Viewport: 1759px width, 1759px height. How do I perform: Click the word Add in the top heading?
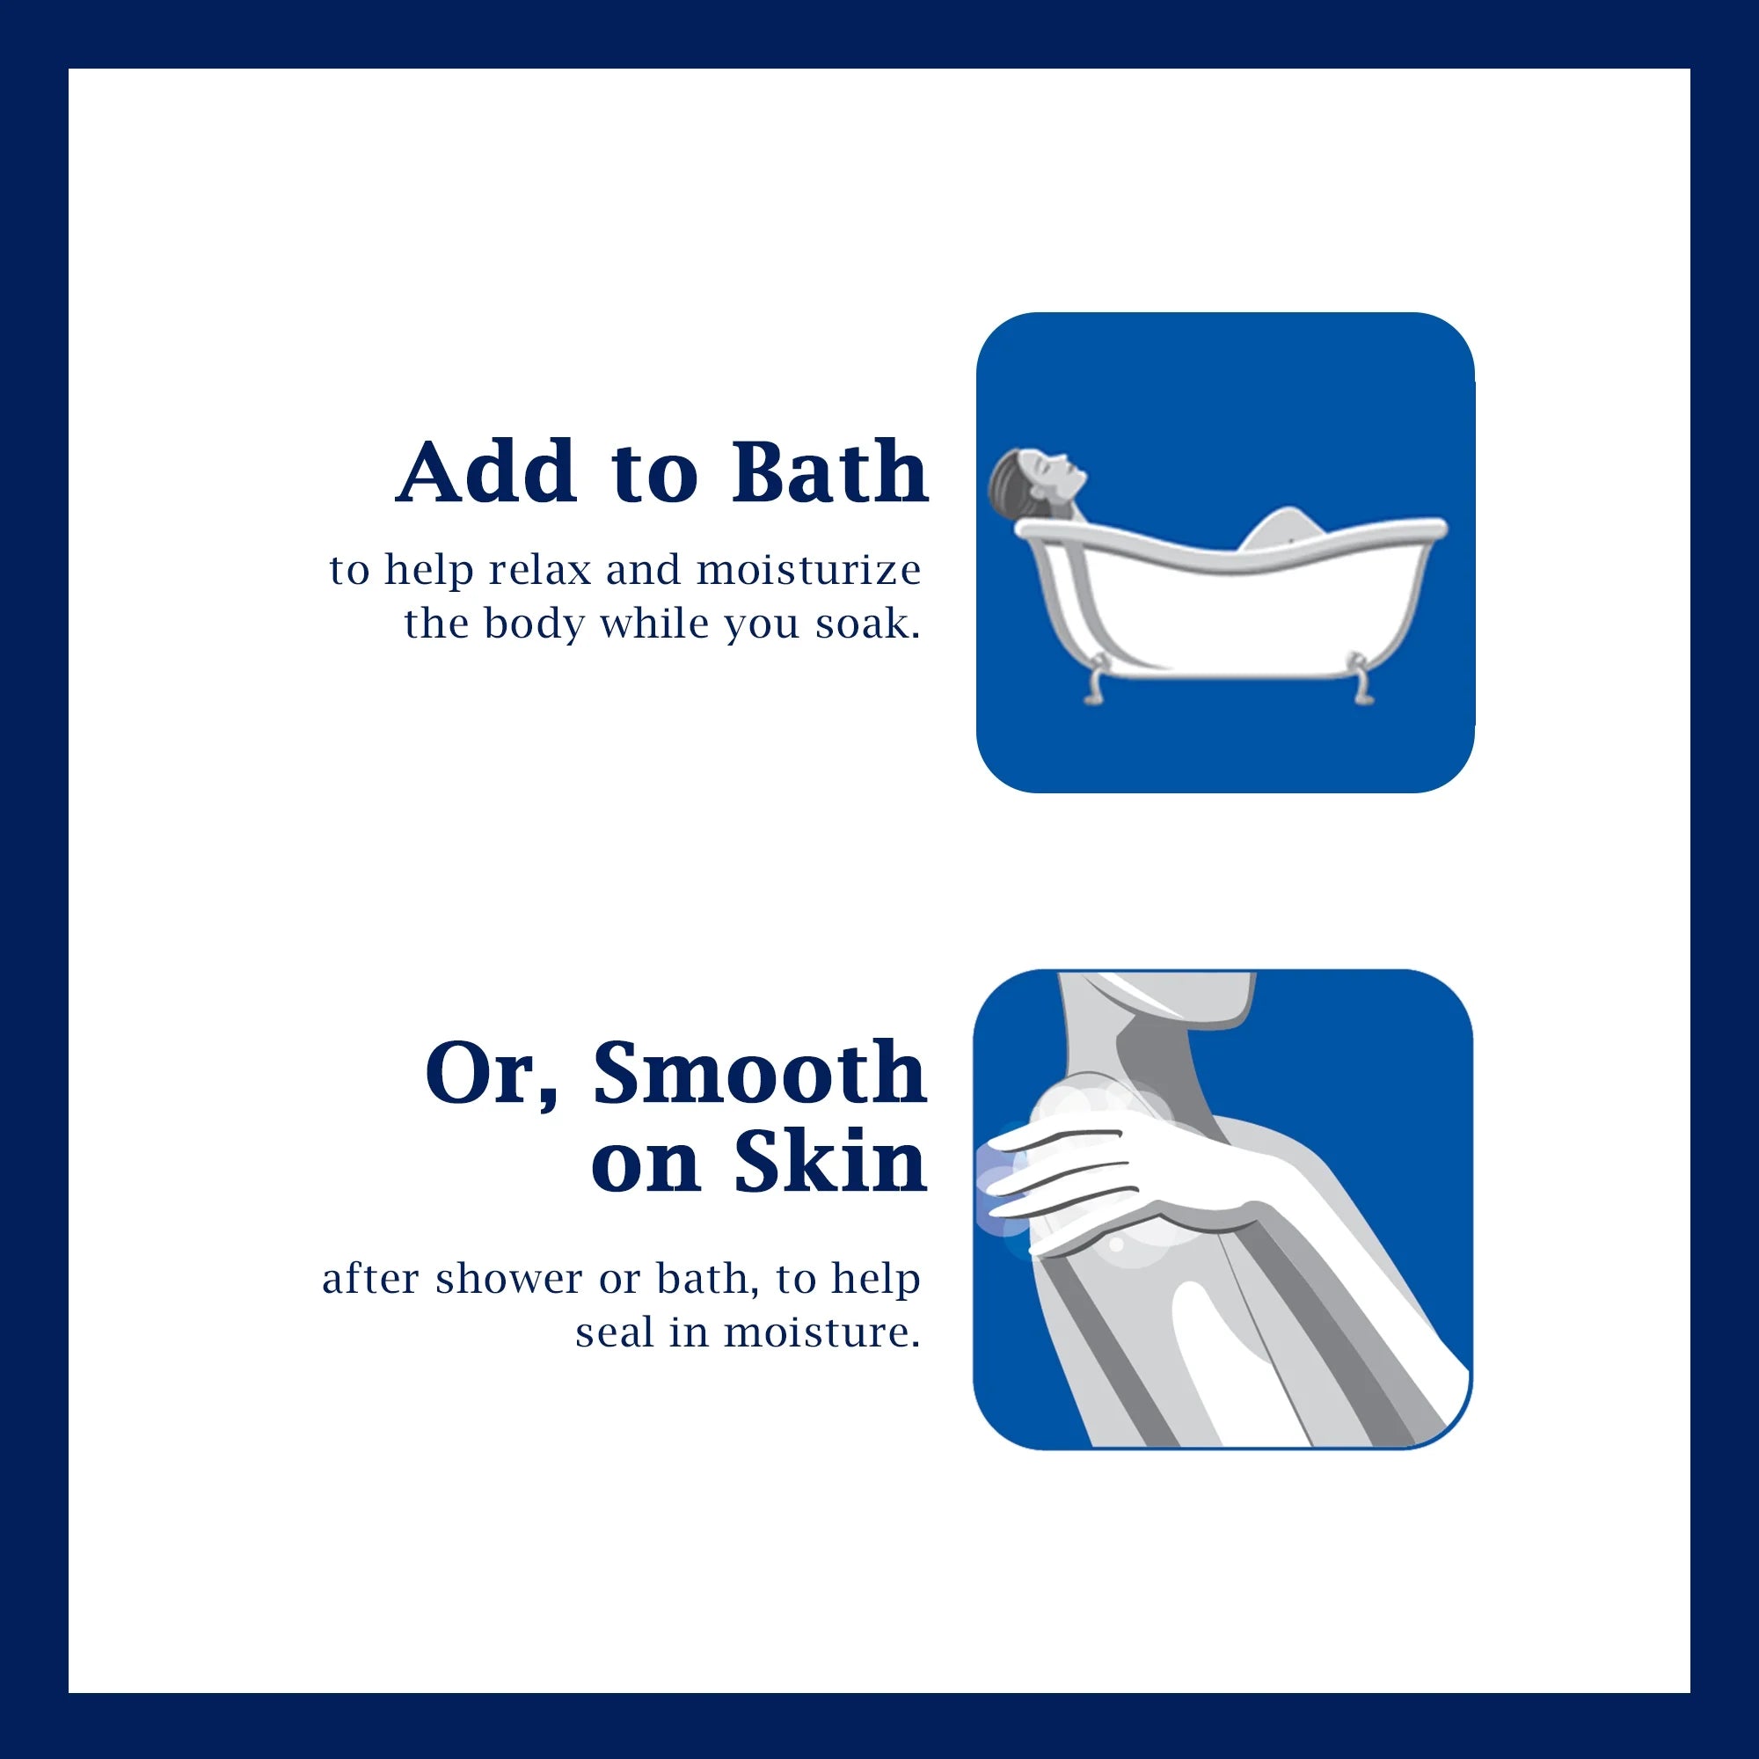tap(486, 471)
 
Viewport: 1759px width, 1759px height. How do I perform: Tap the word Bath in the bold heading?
tap(830, 471)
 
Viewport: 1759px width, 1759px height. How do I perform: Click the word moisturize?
tap(808, 570)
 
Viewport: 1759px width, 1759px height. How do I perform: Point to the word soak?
tap(868, 624)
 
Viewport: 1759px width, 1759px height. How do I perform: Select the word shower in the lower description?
tap(509, 1278)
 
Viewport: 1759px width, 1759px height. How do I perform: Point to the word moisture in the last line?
tap(822, 1333)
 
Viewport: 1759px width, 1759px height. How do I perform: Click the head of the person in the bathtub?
tap(1037, 477)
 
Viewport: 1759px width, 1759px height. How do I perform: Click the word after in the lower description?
tap(370, 1279)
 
